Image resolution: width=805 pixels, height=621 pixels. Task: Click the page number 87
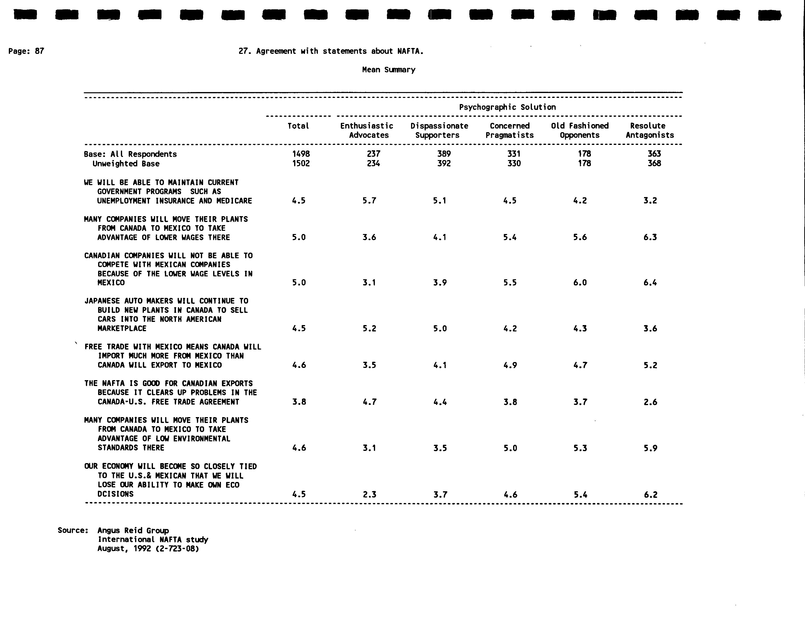point(39,51)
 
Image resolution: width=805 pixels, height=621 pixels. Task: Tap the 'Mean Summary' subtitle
point(389,70)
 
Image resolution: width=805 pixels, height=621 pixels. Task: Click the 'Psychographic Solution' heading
point(507,107)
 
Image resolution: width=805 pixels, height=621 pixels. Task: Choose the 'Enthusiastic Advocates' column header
point(367,130)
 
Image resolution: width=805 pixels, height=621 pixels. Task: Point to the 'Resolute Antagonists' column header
point(649,130)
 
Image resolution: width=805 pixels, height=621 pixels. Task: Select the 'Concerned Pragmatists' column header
point(509,130)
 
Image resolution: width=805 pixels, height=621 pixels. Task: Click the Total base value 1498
point(301,154)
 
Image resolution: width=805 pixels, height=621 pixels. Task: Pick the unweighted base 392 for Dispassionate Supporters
point(444,163)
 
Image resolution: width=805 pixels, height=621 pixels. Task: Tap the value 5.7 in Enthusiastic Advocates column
point(369,201)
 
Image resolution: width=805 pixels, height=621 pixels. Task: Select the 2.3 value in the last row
point(369,494)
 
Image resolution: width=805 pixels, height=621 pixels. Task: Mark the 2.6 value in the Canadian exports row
point(650,402)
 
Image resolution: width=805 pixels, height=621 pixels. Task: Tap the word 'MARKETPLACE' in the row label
point(122,328)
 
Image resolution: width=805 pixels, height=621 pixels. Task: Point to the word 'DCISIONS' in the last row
point(115,494)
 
